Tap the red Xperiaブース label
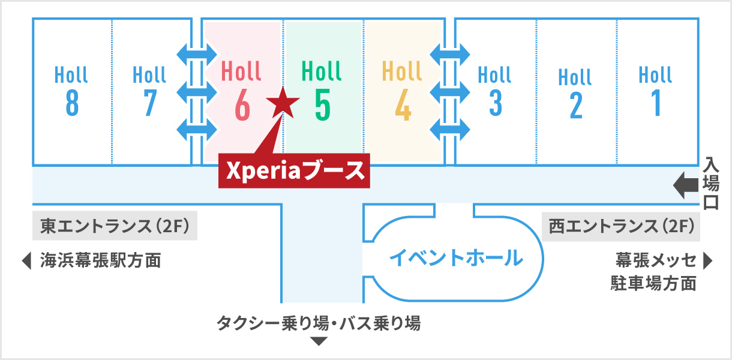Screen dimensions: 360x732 294,170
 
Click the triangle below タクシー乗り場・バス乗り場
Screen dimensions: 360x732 319,341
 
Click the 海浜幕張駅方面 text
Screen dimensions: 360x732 101,261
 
